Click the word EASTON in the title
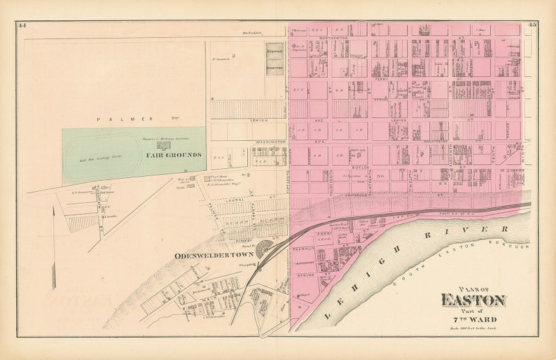[473, 300]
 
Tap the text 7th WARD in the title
[473, 319]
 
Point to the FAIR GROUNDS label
[174, 154]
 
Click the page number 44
[22, 25]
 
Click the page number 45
[532, 25]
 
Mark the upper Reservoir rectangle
[274, 51]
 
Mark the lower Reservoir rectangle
[274, 67]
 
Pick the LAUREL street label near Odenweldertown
[233, 200]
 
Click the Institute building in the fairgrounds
[163, 145]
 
